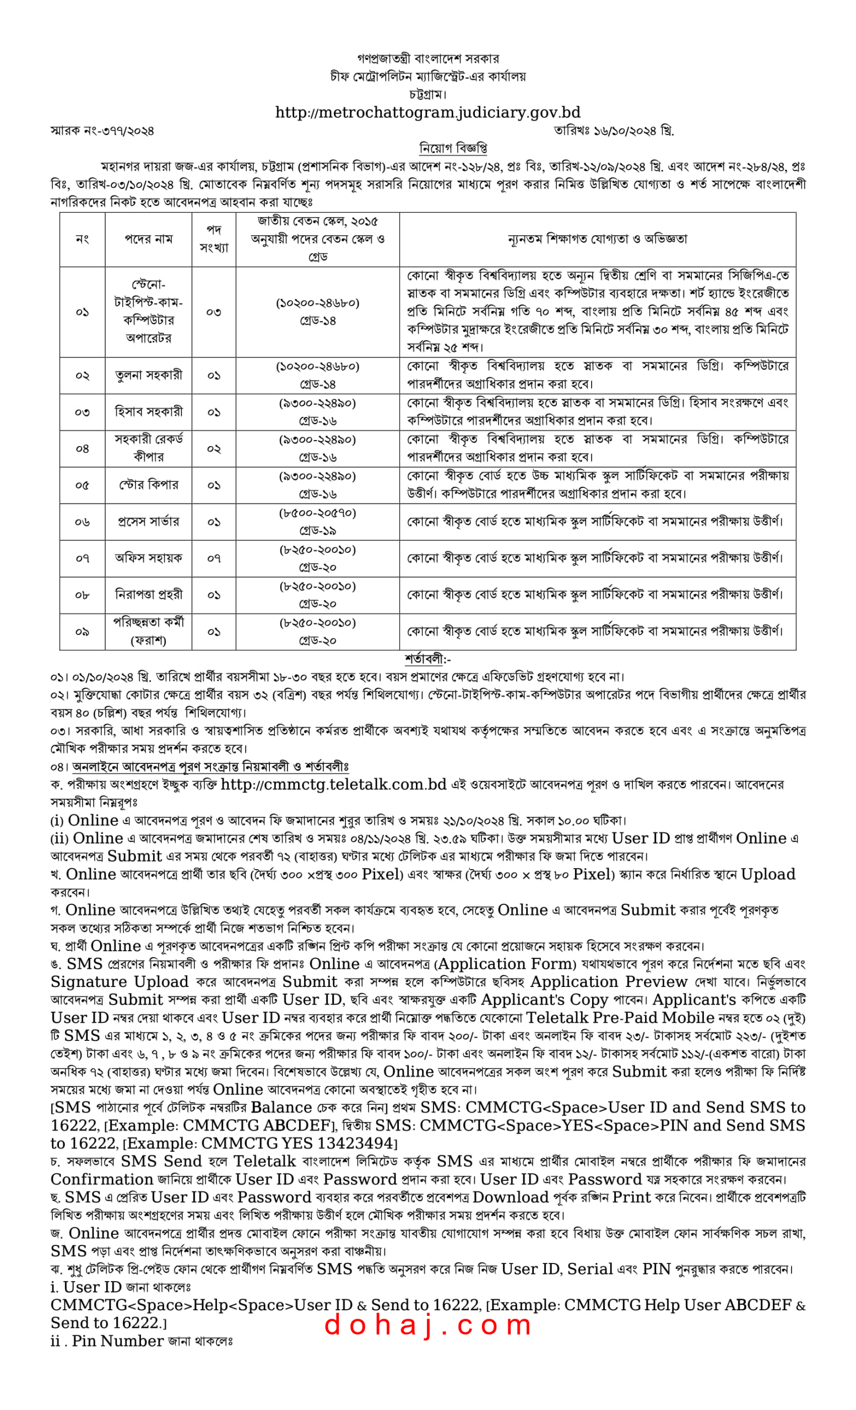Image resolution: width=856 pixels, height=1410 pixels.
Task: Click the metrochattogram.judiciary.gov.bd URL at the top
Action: click(x=427, y=112)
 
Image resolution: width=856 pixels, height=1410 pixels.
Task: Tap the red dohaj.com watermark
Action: click(x=427, y=1325)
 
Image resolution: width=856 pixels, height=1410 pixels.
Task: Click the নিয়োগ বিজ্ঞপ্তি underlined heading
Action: click(x=453, y=149)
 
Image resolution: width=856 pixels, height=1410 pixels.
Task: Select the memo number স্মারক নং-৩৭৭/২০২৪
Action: click(x=102, y=131)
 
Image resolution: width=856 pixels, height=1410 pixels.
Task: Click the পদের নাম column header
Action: click(x=148, y=239)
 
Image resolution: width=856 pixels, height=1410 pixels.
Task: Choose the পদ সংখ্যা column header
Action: click(x=213, y=239)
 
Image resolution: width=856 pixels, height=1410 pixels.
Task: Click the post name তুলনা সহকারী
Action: click(x=148, y=376)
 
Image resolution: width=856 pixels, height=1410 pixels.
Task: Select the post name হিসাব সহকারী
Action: click(x=148, y=412)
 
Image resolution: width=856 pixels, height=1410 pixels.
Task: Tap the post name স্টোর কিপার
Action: click(x=148, y=485)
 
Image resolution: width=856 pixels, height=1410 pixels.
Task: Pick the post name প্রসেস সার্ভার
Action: click(x=148, y=522)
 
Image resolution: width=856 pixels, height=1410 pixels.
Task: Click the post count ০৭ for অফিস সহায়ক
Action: click(x=213, y=558)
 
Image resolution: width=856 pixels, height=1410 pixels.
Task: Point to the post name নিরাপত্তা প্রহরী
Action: click(x=148, y=595)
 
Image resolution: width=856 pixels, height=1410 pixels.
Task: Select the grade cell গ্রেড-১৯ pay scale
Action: click(x=318, y=531)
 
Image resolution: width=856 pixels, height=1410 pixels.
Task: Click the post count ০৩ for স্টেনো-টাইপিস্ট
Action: click(x=213, y=312)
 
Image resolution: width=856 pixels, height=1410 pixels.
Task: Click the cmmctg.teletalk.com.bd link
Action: click(x=333, y=784)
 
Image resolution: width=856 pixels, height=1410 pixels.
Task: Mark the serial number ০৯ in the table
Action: click(x=82, y=632)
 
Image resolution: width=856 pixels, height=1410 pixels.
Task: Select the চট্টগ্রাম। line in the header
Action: click(x=427, y=94)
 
